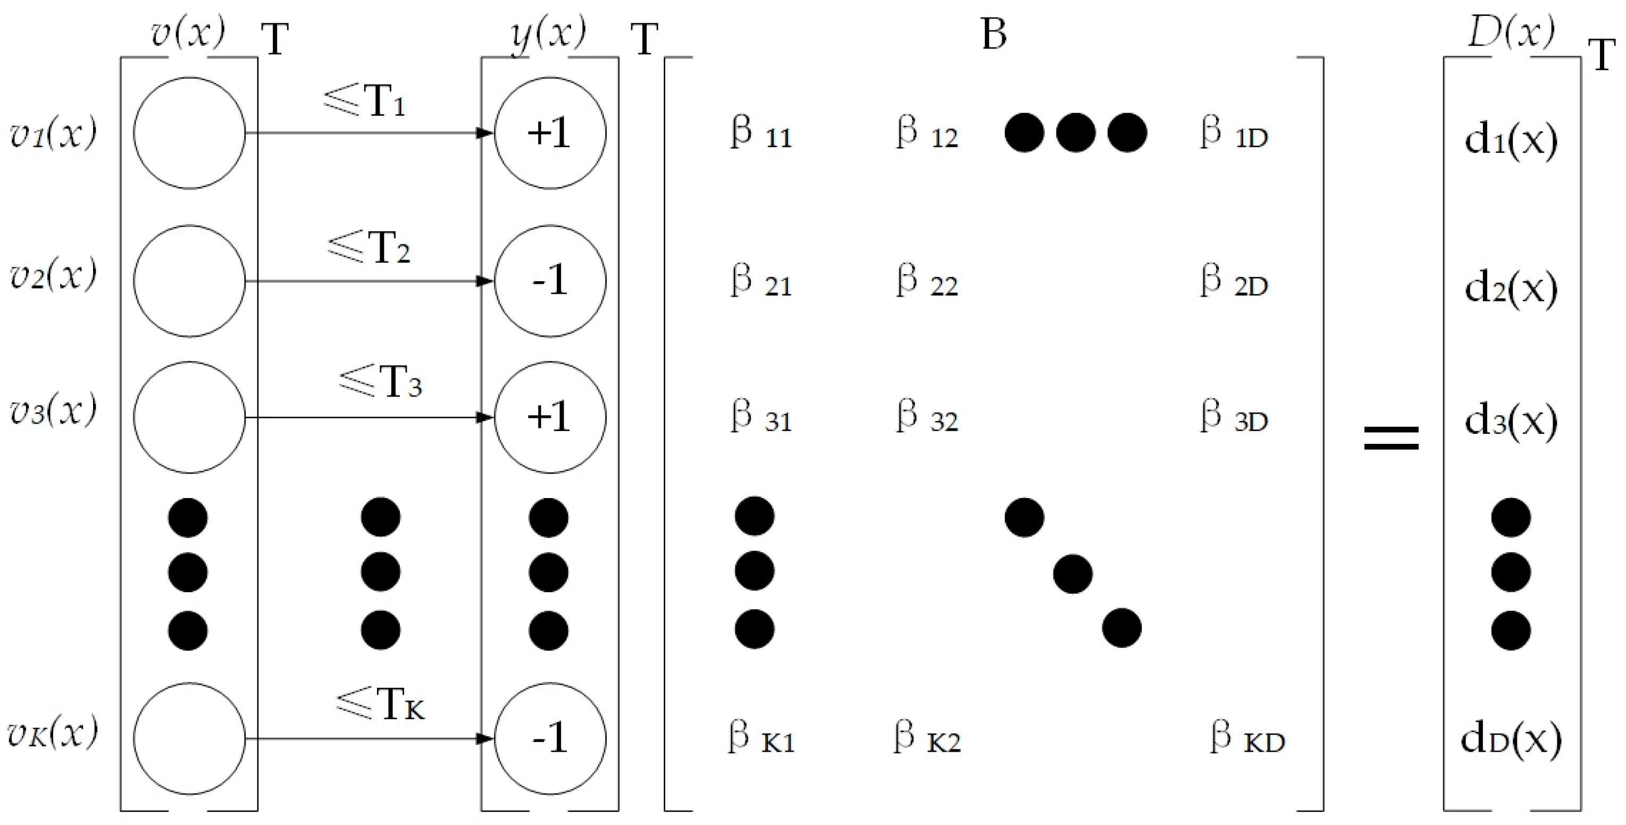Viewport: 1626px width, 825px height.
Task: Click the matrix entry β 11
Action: pyautogui.click(x=760, y=133)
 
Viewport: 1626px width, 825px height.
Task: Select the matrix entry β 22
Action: pyautogui.click(x=926, y=282)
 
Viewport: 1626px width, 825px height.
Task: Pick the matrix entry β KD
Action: pyautogui.click(x=1247, y=738)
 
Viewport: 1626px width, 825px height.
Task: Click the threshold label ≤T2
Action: pyautogui.click(x=368, y=247)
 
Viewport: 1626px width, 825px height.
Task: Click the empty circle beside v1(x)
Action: pyautogui.click(x=189, y=133)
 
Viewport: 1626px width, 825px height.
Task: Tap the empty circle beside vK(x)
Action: pyautogui.click(x=189, y=738)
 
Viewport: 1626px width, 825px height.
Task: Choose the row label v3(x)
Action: pyautogui.click(x=53, y=411)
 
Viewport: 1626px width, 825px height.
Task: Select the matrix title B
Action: pyautogui.click(x=994, y=34)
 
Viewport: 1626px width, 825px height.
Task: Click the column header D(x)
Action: pyautogui.click(x=1511, y=31)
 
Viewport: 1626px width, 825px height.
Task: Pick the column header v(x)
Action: pyautogui.click(x=188, y=31)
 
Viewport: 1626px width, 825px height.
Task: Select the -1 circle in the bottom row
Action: pyautogui.click(x=550, y=738)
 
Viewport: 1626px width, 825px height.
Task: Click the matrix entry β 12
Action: pyautogui.click(x=926, y=133)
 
